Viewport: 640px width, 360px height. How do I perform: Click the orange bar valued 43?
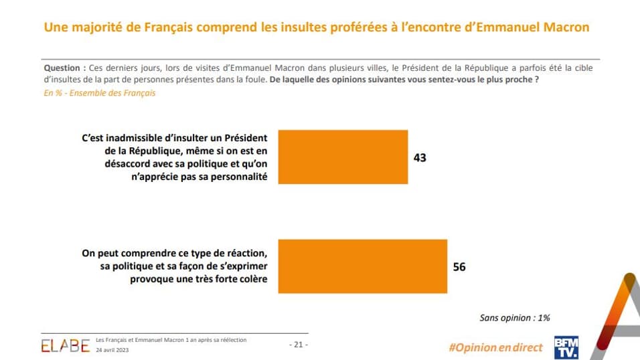coord(342,157)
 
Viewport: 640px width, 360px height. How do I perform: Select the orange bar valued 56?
coord(362,266)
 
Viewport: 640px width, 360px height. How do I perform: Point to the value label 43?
coord(420,158)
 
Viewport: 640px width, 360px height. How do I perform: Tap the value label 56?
coord(459,266)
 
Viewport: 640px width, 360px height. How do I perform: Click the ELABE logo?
coord(65,346)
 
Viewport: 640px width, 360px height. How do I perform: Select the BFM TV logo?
coord(566,346)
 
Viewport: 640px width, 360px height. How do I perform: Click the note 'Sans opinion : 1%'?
coord(515,318)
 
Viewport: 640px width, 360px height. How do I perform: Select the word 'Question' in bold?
coord(63,68)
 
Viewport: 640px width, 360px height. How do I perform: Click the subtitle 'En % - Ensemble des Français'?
coord(99,93)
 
